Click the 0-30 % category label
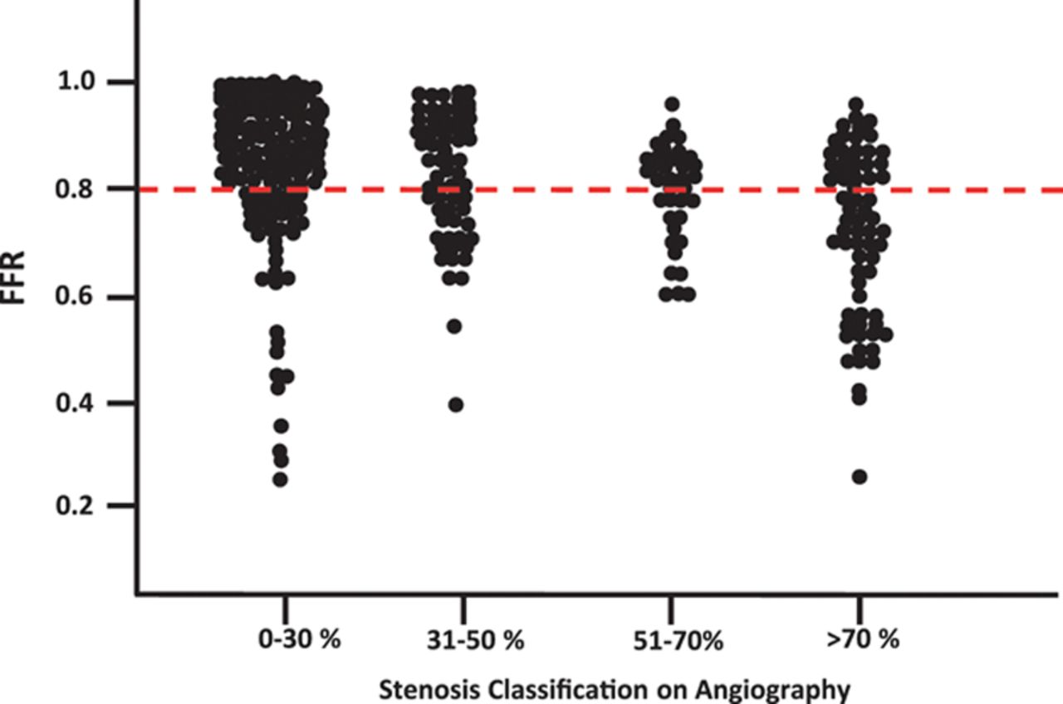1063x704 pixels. click(x=287, y=640)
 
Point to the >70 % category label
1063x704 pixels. click(x=863, y=640)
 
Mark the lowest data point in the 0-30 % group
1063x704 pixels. click(x=281, y=479)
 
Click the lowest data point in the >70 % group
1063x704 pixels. click(x=860, y=477)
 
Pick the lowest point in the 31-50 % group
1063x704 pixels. click(x=456, y=404)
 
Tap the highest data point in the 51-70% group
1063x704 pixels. click(x=672, y=105)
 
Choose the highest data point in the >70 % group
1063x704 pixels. click(x=855, y=105)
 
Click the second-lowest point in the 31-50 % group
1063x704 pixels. click(x=454, y=325)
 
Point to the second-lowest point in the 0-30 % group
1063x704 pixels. click(x=282, y=460)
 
